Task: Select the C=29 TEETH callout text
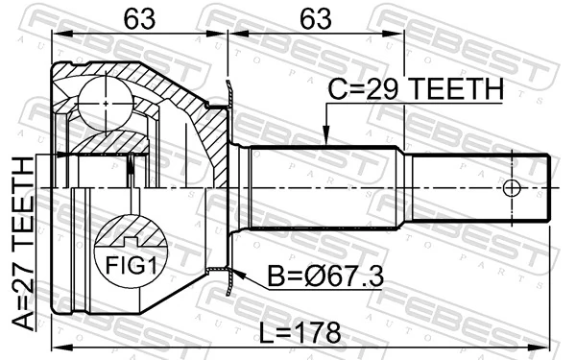(x=414, y=89)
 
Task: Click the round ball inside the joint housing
(x=103, y=100)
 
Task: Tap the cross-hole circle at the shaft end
(x=512, y=187)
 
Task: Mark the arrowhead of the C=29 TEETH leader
(x=326, y=142)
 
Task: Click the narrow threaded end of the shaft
(x=480, y=187)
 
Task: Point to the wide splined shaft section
(x=326, y=187)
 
